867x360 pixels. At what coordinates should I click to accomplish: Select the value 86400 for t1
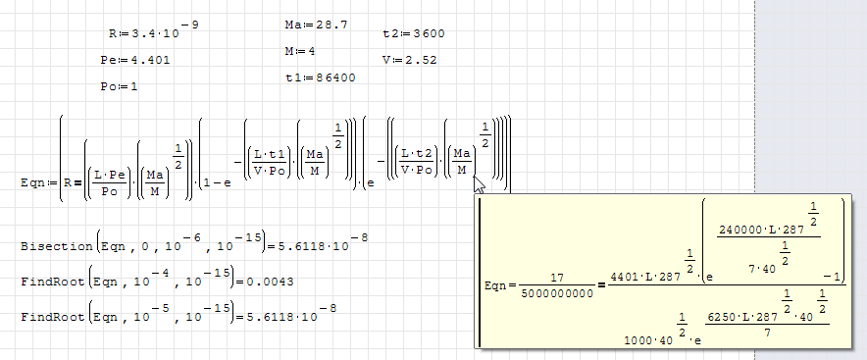pyautogui.click(x=336, y=77)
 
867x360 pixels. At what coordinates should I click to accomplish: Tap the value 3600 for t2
pyautogui.click(x=429, y=33)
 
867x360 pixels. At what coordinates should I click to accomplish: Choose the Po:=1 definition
pyautogui.click(x=119, y=87)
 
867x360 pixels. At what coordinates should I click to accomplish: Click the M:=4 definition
pyautogui.click(x=300, y=51)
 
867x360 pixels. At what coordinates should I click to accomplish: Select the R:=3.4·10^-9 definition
pyautogui.click(x=154, y=29)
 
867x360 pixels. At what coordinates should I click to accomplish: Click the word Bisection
pyautogui.click(x=57, y=246)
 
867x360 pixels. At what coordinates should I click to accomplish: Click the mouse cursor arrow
pyautogui.click(x=480, y=183)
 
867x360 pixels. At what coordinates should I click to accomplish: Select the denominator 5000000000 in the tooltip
pyautogui.click(x=557, y=293)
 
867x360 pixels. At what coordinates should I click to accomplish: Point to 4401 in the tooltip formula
pyautogui.click(x=624, y=277)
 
